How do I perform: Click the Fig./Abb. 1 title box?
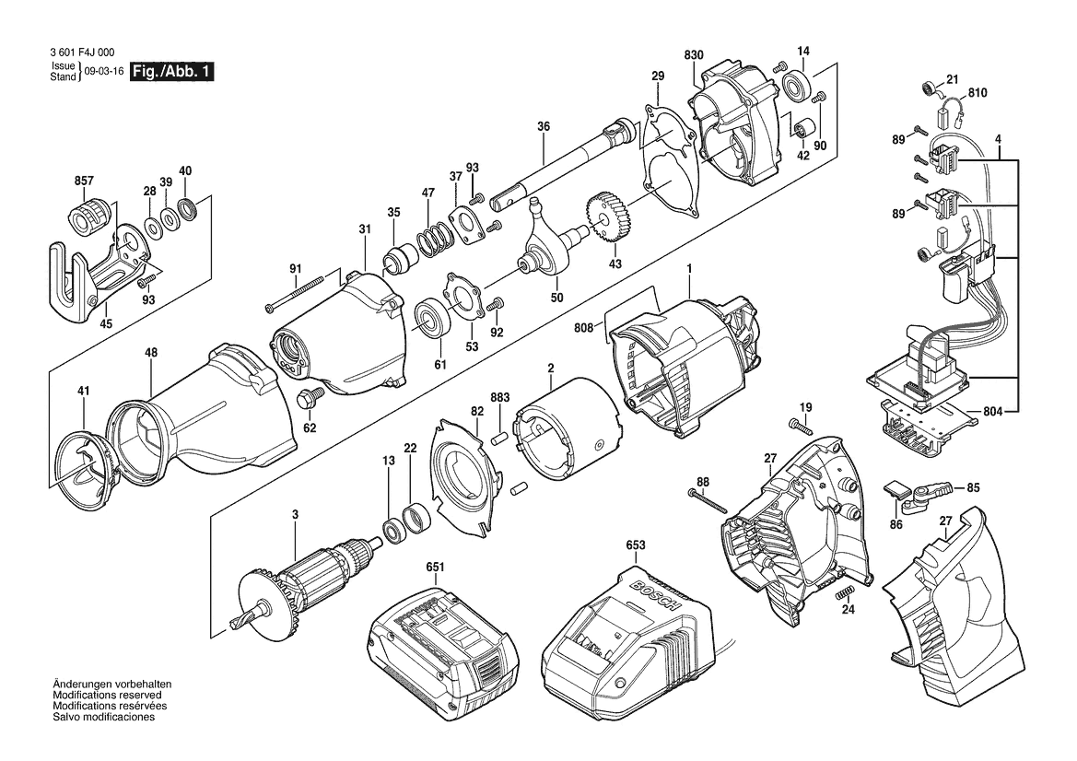click(172, 71)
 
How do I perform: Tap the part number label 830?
click(694, 55)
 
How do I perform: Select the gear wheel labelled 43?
click(605, 218)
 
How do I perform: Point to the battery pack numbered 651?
click(442, 649)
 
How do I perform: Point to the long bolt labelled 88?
click(708, 500)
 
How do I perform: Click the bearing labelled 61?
click(431, 322)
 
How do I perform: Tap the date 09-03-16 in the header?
click(104, 72)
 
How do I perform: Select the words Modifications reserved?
click(107, 695)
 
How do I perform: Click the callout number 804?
click(992, 412)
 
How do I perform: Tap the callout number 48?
click(151, 352)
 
